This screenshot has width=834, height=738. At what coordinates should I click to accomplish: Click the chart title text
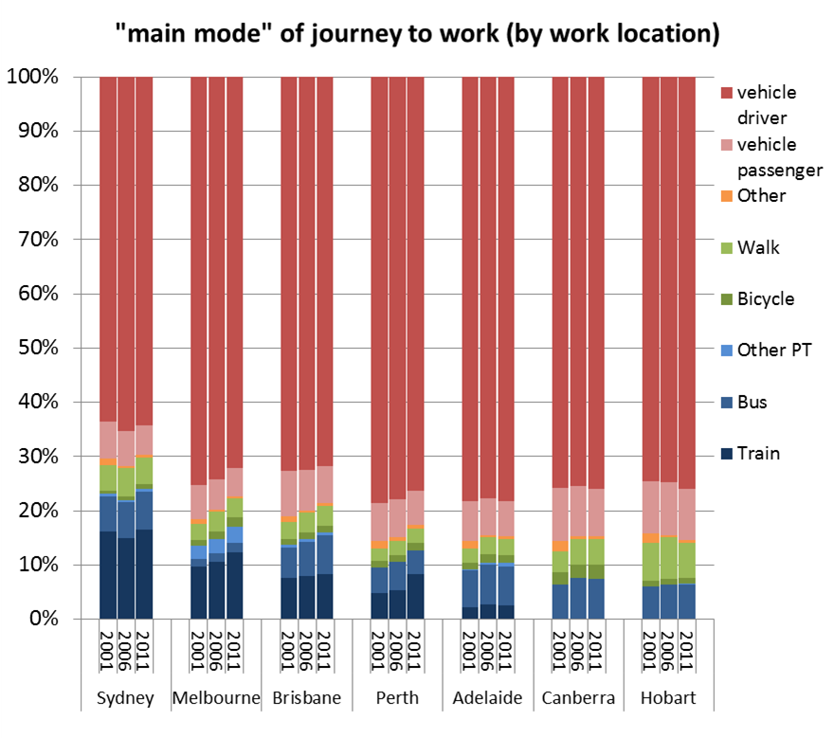(417, 35)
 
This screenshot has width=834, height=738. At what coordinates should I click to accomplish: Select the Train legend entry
(758, 453)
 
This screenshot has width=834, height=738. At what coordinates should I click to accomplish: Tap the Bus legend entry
(752, 402)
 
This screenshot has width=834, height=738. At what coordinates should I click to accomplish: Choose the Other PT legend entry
(773, 351)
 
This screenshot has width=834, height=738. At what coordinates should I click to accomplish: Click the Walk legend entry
(757, 248)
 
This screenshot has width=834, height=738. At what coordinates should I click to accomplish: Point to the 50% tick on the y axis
(37, 348)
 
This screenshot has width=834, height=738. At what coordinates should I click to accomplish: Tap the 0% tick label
(43, 619)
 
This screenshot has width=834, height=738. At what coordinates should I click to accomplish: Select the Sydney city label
(126, 699)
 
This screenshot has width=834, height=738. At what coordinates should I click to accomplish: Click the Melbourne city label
(216, 699)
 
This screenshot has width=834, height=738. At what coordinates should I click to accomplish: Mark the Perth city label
(397, 699)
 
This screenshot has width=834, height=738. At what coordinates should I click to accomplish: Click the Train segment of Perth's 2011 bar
(415, 596)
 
